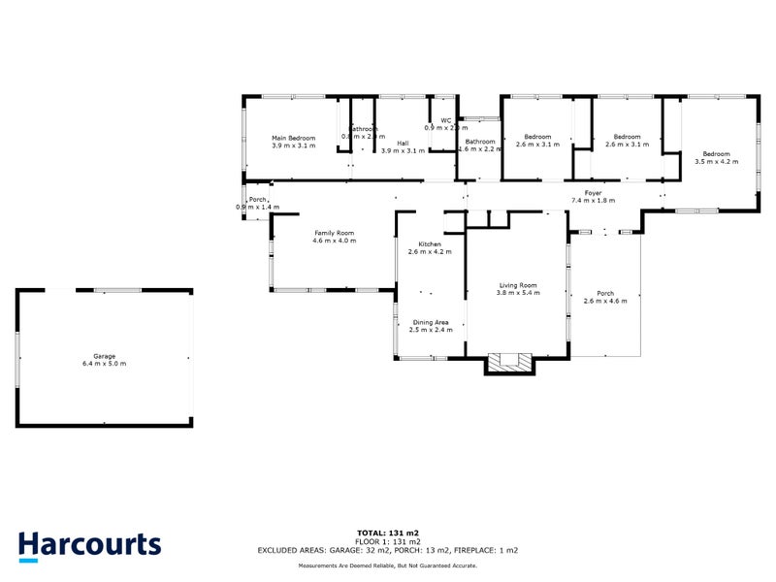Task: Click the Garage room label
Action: [x=104, y=356]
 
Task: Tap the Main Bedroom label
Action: [x=293, y=139]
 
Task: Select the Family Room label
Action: [x=334, y=233]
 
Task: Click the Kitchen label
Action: [x=430, y=243]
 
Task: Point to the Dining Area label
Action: [x=430, y=322]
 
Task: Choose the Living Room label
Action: [x=516, y=285]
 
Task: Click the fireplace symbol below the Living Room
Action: [x=509, y=363]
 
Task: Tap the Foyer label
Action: [x=593, y=193]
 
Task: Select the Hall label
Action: [x=403, y=144]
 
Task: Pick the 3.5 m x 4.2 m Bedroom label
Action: [x=716, y=154]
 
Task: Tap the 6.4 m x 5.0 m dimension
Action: [x=104, y=364]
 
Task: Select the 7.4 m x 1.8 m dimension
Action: [x=593, y=201]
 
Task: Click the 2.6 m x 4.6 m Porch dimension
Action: [x=605, y=302]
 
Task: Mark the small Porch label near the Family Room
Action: [x=257, y=200]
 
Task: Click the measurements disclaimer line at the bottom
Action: [x=387, y=565]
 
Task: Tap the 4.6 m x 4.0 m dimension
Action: [x=334, y=241]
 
